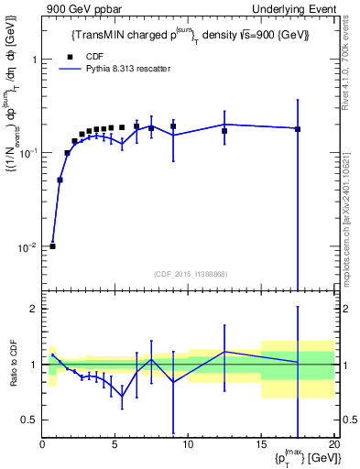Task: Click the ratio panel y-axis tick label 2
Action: [x=34, y=309]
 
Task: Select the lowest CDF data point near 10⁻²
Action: [x=52, y=246]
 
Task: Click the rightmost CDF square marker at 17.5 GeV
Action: [x=298, y=129]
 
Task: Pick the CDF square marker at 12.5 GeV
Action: [x=224, y=131]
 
